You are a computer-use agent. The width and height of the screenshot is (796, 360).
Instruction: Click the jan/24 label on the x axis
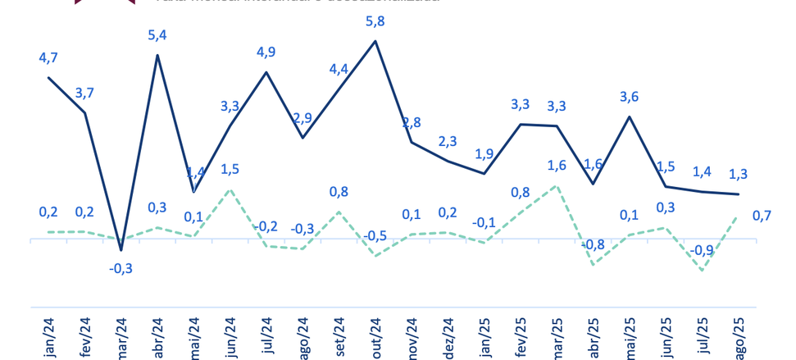(48, 336)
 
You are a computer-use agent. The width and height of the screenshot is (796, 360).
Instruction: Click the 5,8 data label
(375, 18)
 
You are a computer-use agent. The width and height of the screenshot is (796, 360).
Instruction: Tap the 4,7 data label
(48, 57)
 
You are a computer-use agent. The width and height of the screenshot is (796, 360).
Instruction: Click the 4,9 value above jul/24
(266, 52)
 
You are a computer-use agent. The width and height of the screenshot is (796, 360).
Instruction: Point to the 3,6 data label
(628, 96)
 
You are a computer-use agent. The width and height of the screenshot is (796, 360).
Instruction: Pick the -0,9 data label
(701, 250)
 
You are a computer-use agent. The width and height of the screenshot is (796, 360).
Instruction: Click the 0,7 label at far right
(762, 216)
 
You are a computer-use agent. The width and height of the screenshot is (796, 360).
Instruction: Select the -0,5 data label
(375, 235)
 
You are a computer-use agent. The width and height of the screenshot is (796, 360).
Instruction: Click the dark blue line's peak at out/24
(375, 40)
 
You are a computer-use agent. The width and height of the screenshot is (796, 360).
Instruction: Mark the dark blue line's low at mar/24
(121, 249)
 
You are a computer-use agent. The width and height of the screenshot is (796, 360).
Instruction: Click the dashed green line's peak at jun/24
(230, 190)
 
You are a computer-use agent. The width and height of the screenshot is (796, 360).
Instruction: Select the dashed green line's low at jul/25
(701, 270)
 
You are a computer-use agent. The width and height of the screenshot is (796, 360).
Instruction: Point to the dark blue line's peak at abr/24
(157, 55)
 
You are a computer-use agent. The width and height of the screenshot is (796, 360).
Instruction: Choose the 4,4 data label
(339, 68)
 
